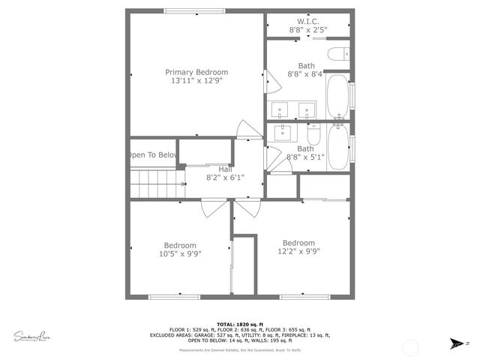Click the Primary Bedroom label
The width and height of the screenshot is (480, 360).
(196, 72)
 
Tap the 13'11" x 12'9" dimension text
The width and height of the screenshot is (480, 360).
(196, 81)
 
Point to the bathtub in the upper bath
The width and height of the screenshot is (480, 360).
(337, 95)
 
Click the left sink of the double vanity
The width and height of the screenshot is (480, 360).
(280, 110)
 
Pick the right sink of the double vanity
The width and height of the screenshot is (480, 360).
(306, 110)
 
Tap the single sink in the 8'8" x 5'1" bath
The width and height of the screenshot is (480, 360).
(283, 133)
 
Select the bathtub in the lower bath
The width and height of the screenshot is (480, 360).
(337, 147)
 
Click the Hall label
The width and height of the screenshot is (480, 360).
(225, 169)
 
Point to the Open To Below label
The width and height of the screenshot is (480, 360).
(152, 155)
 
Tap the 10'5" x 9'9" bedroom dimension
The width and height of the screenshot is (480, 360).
(180, 254)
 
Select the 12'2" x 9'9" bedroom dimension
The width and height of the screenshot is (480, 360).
(298, 252)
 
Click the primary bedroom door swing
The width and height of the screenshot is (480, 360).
(245, 130)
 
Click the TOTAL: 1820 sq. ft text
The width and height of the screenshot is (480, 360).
(239, 324)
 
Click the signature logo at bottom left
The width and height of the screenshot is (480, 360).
(31, 335)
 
